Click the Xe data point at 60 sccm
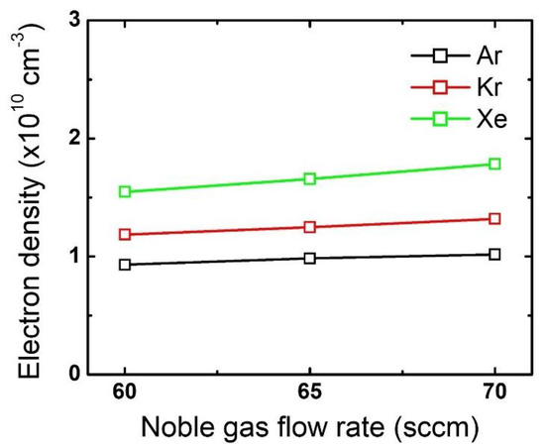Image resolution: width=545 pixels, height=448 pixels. pos(125,191)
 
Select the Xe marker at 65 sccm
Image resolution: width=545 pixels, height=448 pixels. pos(310,178)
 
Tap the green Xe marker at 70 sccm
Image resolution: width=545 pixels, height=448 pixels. pos(495,164)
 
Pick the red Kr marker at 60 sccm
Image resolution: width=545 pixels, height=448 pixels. pos(125,234)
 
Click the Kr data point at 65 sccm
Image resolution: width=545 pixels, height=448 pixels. pos(310,227)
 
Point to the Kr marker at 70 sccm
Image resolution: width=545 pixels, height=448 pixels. pos(495,218)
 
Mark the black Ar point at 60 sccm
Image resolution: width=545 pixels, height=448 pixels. pos(125,265)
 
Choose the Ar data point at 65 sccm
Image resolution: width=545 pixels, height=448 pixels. pos(310,258)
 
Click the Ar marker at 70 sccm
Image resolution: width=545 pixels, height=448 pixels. pos(495,254)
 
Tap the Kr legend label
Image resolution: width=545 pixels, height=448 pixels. pos(473,87)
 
